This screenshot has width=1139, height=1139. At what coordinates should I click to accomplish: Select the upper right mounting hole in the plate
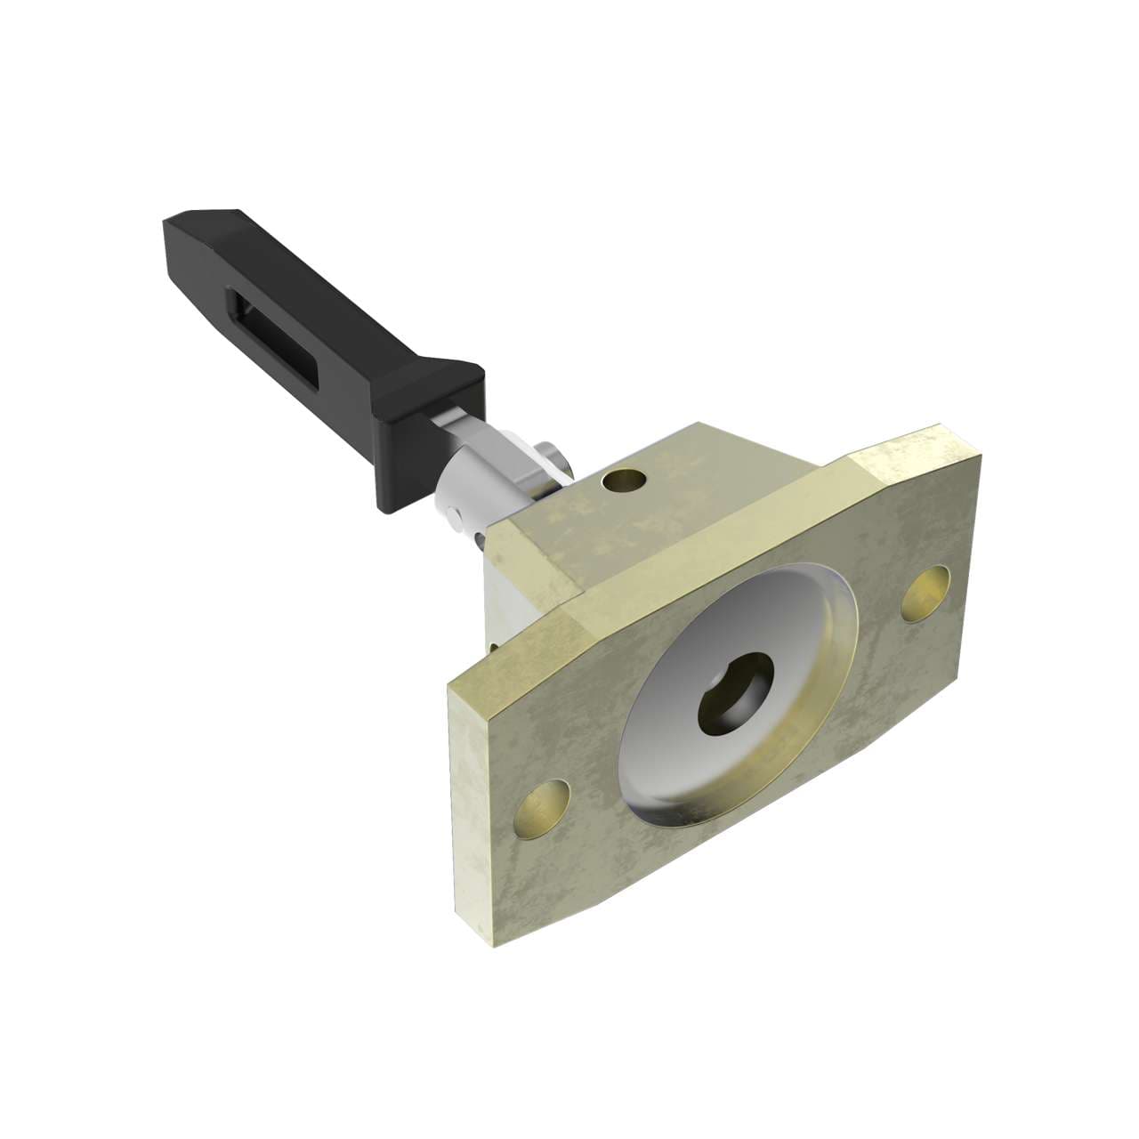point(925,594)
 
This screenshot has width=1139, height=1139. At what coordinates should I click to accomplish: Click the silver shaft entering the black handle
point(449,424)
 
